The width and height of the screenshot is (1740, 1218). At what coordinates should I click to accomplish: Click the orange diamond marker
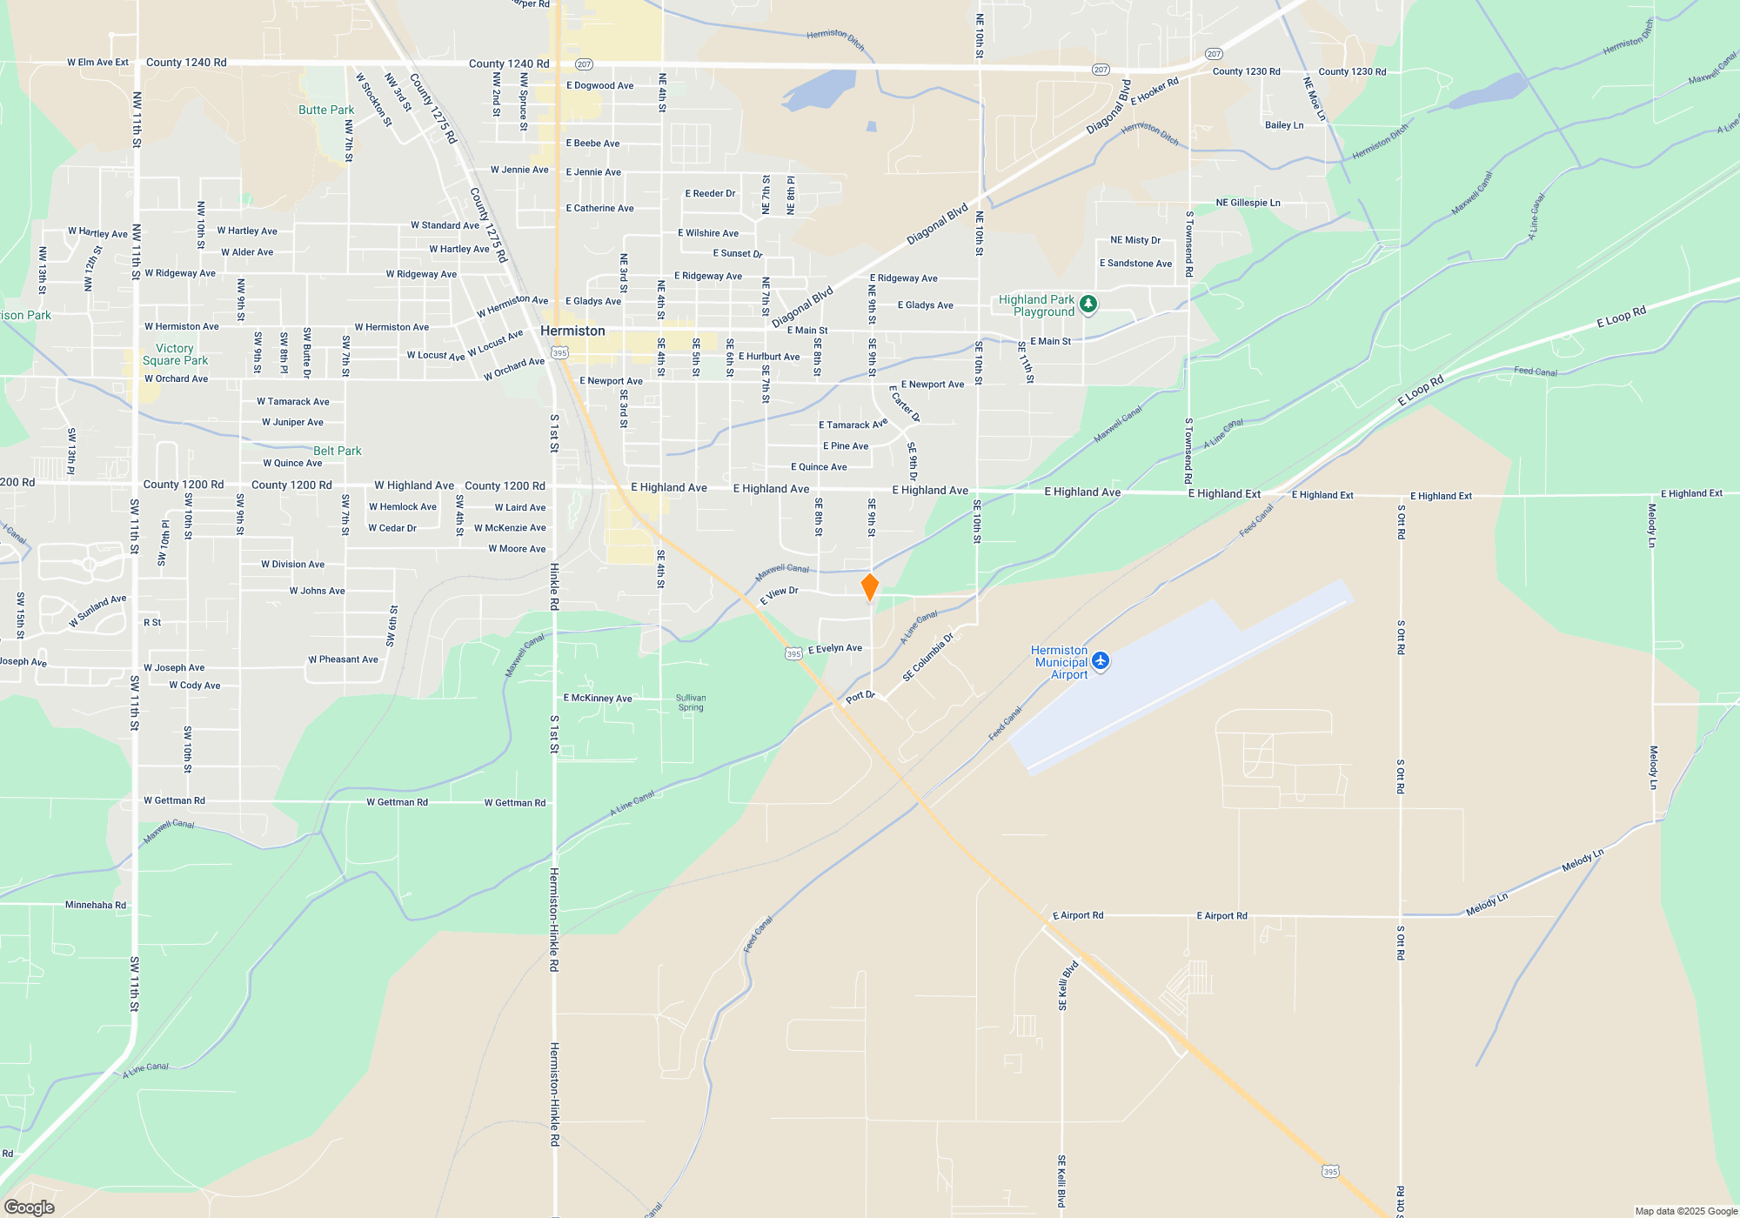point(869,587)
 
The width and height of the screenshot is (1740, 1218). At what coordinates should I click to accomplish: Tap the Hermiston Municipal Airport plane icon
point(1101,661)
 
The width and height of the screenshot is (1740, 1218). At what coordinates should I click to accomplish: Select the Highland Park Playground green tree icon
point(1087,304)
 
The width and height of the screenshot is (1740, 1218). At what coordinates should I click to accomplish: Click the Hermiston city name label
point(572,331)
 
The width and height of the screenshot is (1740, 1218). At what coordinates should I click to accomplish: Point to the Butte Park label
point(326,110)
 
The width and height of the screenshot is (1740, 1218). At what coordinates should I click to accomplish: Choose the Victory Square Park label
point(175,354)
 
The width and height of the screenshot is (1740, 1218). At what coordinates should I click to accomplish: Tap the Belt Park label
point(337,451)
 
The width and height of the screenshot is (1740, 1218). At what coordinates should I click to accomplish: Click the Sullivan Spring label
point(691,702)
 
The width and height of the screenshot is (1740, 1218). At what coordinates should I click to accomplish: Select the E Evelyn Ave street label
point(835,648)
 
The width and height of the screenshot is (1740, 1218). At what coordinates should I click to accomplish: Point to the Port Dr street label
point(860,696)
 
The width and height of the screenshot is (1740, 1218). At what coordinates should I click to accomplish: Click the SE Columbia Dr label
point(927,656)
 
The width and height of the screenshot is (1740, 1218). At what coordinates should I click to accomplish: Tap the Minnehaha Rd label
point(96,905)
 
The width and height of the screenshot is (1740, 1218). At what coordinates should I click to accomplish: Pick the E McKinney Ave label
point(598,698)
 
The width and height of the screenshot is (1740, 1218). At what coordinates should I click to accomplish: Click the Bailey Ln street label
point(1284,125)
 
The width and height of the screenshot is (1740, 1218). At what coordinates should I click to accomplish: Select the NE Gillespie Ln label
point(1248,203)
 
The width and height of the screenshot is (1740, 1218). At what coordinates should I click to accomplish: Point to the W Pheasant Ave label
point(343,659)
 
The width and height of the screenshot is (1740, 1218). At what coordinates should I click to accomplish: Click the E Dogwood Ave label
point(599,85)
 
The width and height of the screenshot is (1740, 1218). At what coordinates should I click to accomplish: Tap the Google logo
point(30,1207)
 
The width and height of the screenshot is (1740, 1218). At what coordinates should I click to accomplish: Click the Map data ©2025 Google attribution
point(1685,1211)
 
